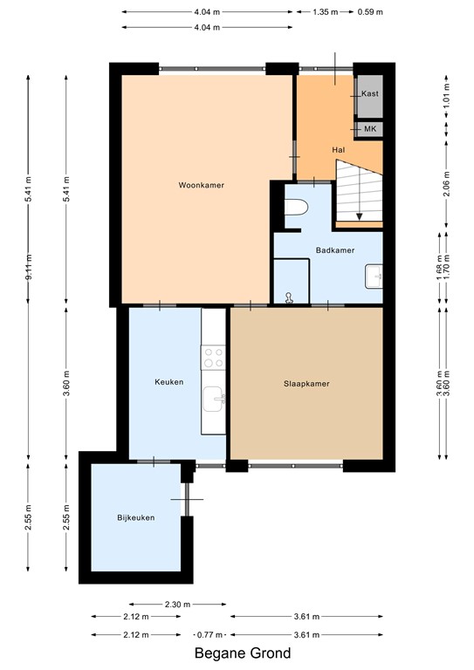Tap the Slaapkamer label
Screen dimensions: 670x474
306,383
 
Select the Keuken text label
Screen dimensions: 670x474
168,382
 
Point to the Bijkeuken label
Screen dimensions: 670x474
136,518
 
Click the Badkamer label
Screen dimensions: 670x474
335,250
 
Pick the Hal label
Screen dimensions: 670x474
340,150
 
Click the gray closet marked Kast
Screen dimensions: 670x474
369,94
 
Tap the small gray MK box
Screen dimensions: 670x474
369,129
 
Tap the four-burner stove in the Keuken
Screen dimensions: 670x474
214,356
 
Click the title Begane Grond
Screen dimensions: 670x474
243,653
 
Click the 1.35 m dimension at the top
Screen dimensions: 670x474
325,12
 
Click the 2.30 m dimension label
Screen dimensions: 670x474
177,604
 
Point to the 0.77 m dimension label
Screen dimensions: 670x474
210,634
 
